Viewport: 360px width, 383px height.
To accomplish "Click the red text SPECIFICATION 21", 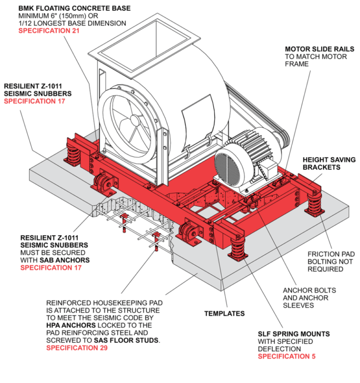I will tap(49, 31).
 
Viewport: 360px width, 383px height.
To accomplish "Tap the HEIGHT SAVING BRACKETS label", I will tap(329, 163).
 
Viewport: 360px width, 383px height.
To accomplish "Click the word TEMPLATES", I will tap(225, 314).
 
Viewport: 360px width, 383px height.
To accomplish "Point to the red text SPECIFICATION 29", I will tap(76, 348).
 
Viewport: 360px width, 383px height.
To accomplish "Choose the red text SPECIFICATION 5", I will tap(286, 356).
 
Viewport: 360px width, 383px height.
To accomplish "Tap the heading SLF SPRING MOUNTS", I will tap(293, 334).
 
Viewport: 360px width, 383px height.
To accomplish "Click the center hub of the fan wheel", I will tap(135, 120).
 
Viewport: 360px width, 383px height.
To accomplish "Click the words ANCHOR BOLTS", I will tap(308, 290).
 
